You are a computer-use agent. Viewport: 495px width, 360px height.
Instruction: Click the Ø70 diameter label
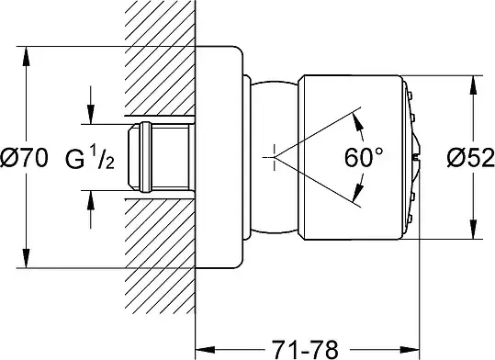(x=24, y=158)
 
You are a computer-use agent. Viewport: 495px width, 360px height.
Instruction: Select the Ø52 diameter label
(x=471, y=158)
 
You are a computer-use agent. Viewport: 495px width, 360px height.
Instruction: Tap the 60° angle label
(x=364, y=157)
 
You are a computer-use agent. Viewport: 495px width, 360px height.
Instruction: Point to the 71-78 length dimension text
(x=305, y=349)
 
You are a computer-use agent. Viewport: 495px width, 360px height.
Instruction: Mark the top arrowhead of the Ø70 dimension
(x=27, y=56)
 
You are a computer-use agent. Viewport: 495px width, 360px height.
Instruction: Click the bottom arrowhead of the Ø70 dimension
(x=27, y=258)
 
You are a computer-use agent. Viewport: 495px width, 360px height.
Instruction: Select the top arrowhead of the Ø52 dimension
(x=473, y=84)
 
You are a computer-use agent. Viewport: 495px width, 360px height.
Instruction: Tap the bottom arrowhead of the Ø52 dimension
(x=473, y=230)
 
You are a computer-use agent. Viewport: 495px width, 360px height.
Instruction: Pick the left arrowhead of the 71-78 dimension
(x=206, y=350)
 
